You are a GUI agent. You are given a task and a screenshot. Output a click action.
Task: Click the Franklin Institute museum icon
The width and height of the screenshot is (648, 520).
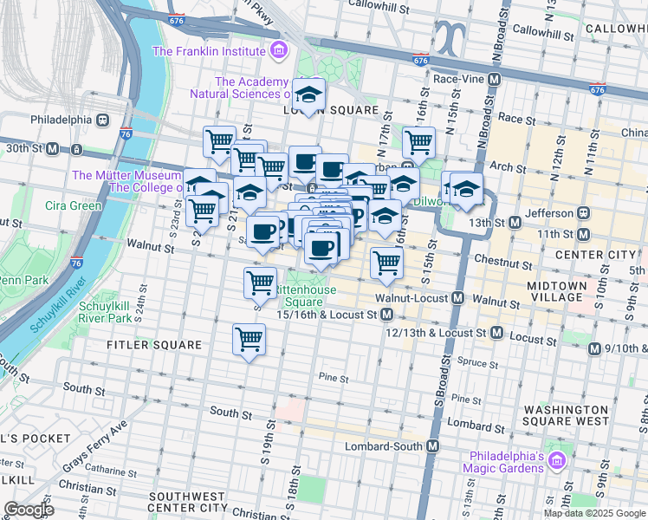[278, 51]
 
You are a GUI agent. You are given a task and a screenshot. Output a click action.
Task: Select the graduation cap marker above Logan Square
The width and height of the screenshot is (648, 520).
[308, 94]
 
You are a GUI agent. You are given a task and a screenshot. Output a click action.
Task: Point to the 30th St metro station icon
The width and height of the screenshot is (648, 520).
[52, 149]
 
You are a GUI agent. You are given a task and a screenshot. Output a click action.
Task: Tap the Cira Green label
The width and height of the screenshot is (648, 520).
[74, 205]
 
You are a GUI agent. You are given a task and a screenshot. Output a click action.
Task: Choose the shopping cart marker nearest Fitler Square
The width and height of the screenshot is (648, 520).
[249, 339]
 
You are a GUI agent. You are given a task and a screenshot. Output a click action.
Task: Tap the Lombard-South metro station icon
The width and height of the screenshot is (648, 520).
[433, 445]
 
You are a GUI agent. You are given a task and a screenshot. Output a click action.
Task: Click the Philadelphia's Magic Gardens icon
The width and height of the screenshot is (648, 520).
[556, 457]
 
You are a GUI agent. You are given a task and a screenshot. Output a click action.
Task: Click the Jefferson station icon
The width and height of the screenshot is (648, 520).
[584, 212]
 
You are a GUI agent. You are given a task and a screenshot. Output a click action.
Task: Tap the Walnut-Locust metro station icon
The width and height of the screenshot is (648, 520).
[457, 298]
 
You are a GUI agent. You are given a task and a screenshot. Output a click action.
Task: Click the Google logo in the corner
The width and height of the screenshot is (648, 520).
[28, 510]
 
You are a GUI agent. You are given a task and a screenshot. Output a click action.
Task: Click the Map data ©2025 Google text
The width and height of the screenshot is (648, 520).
[593, 513]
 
